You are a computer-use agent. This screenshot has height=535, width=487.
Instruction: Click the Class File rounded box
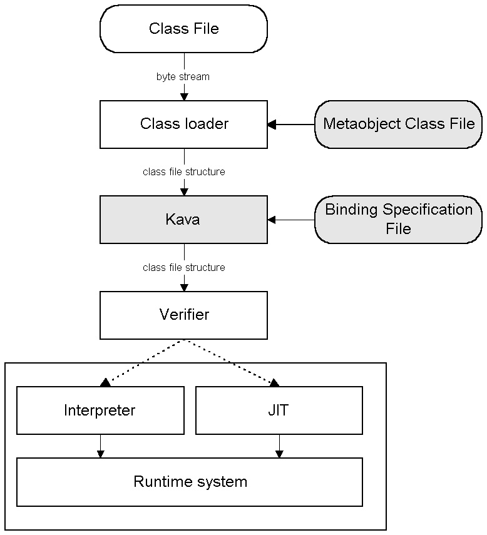183,29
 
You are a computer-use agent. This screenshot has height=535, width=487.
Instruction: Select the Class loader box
183,124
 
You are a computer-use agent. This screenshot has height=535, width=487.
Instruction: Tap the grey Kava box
183,220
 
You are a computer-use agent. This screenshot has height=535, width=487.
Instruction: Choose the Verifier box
183,315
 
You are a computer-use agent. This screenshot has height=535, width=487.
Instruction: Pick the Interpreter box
100,410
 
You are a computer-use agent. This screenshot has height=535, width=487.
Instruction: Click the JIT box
279,410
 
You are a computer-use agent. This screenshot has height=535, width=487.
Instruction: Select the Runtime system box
190,482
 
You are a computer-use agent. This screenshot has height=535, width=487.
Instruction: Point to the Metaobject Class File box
399,124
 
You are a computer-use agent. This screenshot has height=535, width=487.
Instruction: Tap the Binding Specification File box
399,219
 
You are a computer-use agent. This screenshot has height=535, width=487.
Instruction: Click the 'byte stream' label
183,77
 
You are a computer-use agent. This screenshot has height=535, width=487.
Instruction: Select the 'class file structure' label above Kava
183,171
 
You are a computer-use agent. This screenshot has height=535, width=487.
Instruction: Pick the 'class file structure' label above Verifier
183,268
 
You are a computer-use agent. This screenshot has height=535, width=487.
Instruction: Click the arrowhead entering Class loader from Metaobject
272,125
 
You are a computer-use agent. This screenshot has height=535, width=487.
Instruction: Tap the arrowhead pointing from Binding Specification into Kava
272,220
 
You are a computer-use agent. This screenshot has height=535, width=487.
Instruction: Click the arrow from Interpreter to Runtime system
100,446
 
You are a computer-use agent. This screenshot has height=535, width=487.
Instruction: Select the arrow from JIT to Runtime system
279,446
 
